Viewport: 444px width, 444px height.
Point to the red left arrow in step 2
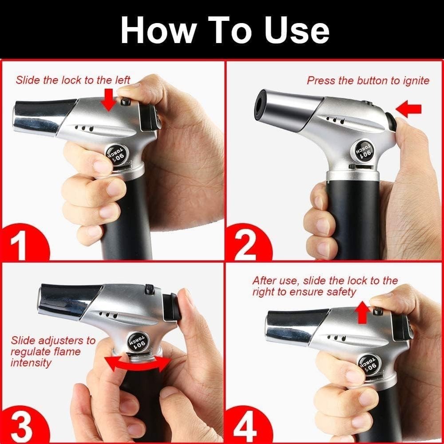(x=408, y=109)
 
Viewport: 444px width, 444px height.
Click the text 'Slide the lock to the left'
(x=73, y=80)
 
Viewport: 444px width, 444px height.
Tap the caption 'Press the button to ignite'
(x=368, y=80)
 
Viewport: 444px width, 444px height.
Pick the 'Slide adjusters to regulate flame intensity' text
(x=52, y=352)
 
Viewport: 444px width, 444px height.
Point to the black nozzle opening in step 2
(x=261, y=105)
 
